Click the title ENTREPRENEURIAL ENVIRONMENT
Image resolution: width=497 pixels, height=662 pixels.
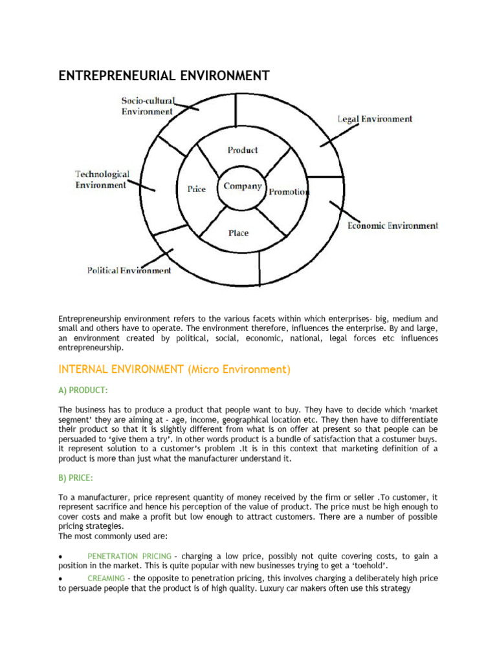[164, 76]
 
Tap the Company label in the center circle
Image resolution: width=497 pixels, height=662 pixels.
[243, 186]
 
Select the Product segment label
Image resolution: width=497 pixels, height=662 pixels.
[243, 150]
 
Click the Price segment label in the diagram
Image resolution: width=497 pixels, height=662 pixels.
[197, 189]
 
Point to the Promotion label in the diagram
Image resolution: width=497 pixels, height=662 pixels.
[289, 192]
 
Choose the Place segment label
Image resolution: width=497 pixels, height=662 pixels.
[238, 233]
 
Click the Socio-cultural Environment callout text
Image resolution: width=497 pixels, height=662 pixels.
[148, 106]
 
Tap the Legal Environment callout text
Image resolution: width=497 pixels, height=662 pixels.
[375, 119]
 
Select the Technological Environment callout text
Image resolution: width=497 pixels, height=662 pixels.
[102, 180]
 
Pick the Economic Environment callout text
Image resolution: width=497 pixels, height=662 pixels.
[393, 226]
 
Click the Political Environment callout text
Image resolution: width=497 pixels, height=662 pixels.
[129, 270]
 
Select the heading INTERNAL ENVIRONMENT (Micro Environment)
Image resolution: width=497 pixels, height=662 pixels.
[175, 370]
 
